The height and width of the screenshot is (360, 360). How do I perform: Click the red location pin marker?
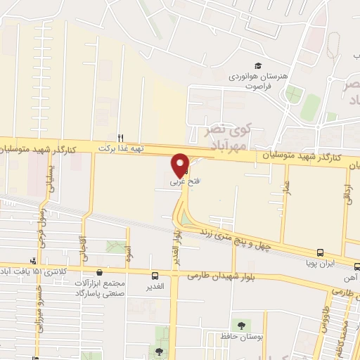point(181,165)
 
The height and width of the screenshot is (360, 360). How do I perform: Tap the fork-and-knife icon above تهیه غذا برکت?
point(120,138)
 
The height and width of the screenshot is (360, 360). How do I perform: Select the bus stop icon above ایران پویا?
point(320,252)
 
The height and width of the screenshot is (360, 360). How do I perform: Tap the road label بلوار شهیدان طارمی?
point(220,276)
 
